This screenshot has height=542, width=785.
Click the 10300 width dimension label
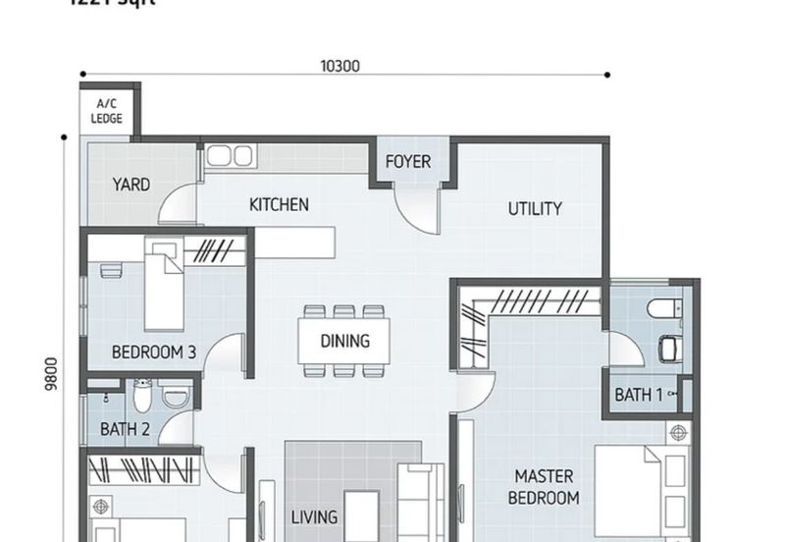click(x=340, y=67)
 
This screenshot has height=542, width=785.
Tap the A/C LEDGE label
click(x=107, y=112)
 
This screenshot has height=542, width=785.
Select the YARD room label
click(x=131, y=185)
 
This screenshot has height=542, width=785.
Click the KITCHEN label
click(x=279, y=204)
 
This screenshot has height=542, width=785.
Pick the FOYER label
click(x=407, y=161)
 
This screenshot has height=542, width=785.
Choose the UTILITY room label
click(x=535, y=208)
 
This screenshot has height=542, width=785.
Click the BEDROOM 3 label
click(x=153, y=352)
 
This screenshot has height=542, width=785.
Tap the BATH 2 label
click(x=125, y=429)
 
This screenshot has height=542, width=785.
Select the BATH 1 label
click(x=639, y=395)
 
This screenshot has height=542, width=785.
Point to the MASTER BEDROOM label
click(x=544, y=487)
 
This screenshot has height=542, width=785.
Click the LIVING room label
click(x=314, y=516)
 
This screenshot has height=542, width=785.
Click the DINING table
click(x=344, y=341)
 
